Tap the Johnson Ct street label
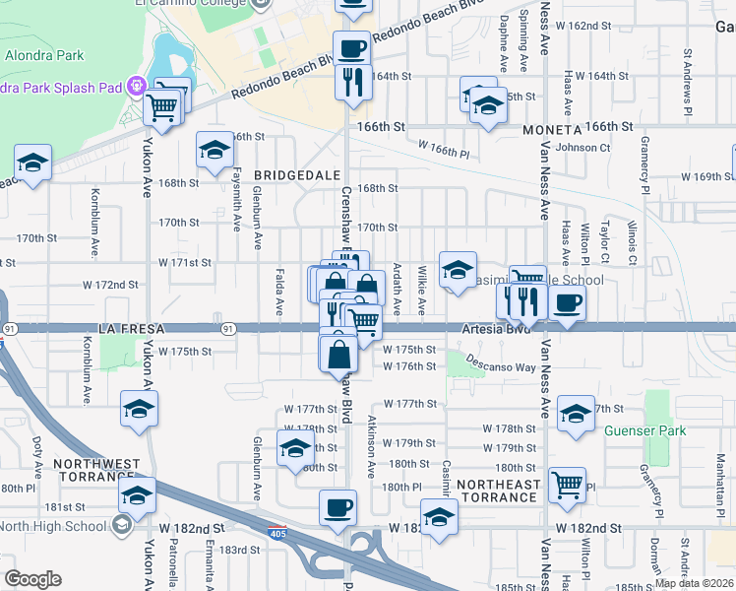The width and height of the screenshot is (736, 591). click(x=583, y=148)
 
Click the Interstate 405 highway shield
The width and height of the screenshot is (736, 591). click(x=278, y=533)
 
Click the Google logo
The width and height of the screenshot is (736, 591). click(x=32, y=579)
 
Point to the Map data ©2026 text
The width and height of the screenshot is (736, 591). click(x=694, y=583)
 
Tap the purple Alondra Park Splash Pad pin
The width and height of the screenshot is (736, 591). click(x=135, y=87)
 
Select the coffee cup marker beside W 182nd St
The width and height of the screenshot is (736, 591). click(x=338, y=509)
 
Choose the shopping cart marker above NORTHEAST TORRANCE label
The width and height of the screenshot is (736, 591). click(x=567, y=484)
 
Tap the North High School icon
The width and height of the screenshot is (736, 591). click(x=121, y=525)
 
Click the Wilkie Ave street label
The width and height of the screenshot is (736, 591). click(x=422, y=289)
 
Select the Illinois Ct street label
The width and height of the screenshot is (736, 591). click(x=632, y=245)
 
